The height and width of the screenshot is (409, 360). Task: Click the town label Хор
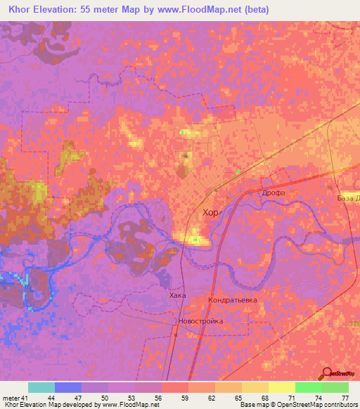(210, 212)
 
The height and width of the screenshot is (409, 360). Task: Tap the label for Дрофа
(272, 191)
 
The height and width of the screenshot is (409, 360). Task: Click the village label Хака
(178, 295)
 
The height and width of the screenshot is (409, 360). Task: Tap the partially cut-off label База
(348, 198)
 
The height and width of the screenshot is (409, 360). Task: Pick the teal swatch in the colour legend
(41, 387)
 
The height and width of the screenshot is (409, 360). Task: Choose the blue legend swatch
(68, 387)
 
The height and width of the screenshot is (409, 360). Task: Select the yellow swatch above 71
(282, 387)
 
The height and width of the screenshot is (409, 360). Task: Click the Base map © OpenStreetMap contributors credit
(297, 405)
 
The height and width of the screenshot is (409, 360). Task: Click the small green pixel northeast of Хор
(238, 171)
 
